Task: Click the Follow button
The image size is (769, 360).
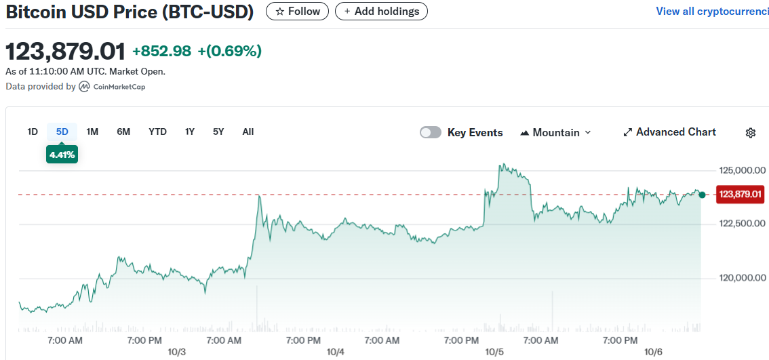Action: tap(297, 11)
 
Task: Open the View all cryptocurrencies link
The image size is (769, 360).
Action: tap(712, 11)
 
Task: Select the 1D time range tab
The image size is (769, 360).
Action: tap(33, 132)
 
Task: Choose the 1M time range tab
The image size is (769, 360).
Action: tap(92, 132)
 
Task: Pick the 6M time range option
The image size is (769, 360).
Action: tap(123, 132)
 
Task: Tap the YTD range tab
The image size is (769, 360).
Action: tap(157, 132)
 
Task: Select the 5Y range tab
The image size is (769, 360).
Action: tap(218, 132)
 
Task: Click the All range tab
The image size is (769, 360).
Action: tap(248, 132)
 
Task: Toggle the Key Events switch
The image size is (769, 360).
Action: tap(431, 132)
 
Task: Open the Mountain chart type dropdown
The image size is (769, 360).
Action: tap(555, 132)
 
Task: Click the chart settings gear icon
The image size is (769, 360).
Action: tap(751, 133)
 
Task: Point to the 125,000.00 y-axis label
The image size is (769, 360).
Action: tap(742, 169)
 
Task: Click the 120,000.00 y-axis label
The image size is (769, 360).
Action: tap(742, 277)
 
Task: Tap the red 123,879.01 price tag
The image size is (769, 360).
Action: tap(741, 195)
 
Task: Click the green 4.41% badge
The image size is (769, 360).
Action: tap(62, 154)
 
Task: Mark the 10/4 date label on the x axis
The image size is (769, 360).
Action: tap(335, 352)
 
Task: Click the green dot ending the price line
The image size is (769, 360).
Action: tap(703, 195)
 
